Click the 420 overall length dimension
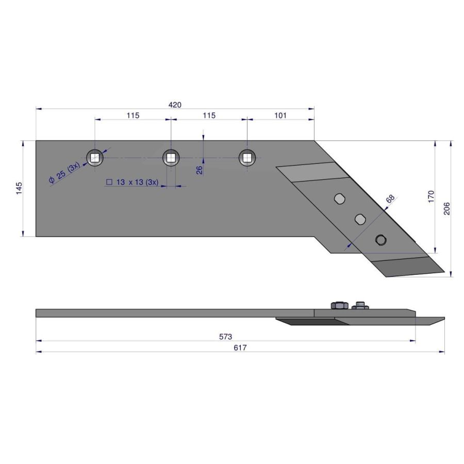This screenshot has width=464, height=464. pos(175,105)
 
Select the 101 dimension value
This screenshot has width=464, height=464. pos(280,115)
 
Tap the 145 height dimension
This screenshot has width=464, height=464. pos(19,188)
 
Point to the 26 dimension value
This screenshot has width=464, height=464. pos(200,170)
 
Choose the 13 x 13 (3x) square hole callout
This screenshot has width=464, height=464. pos(132,182)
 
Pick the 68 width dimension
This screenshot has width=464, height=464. pos(390,198)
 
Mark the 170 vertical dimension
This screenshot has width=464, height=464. pos(431,196)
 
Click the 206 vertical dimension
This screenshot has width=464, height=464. pos(446,209)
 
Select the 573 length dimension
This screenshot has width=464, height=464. pos(225,337)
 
